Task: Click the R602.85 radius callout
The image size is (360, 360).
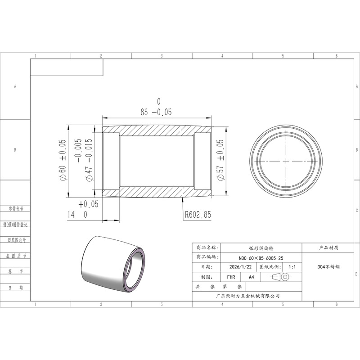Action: [x=198, y=215]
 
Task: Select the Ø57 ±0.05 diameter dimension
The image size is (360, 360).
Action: [x=220, y=160]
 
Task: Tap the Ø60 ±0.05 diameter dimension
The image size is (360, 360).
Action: [x=63, y=160]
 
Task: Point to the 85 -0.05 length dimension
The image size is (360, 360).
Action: [x=156, y=112]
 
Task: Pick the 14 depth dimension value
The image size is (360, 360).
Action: [x=71, y=215]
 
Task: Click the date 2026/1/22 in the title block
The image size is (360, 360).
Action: [x=240, y=267]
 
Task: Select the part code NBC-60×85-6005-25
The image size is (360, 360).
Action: [x=261, y=258]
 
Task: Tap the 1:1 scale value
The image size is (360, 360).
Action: [x=292, y=267]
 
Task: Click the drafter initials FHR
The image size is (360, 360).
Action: [x=231, y=277]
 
